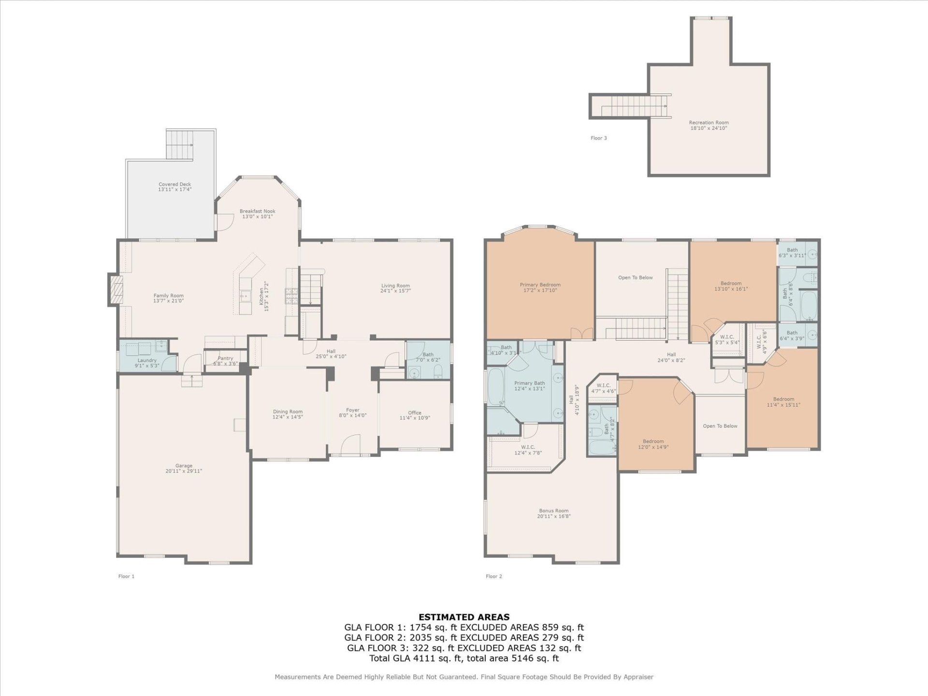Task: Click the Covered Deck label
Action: (174, 184)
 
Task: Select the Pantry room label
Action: (225, 358)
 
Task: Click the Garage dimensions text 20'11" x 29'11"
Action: (184, 471)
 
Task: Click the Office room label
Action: (414, 413)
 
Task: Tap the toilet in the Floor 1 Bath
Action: (438, 371)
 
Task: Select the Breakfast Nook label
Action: (257, 211)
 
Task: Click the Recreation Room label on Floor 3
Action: (709, 123)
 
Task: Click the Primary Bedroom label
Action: (540, 285)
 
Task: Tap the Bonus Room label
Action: (553, 510)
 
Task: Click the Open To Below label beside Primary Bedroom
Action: (635, 277)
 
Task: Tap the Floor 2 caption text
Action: (493, 576)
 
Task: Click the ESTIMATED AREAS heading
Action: (464, 617)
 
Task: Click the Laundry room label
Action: (147, 361)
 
